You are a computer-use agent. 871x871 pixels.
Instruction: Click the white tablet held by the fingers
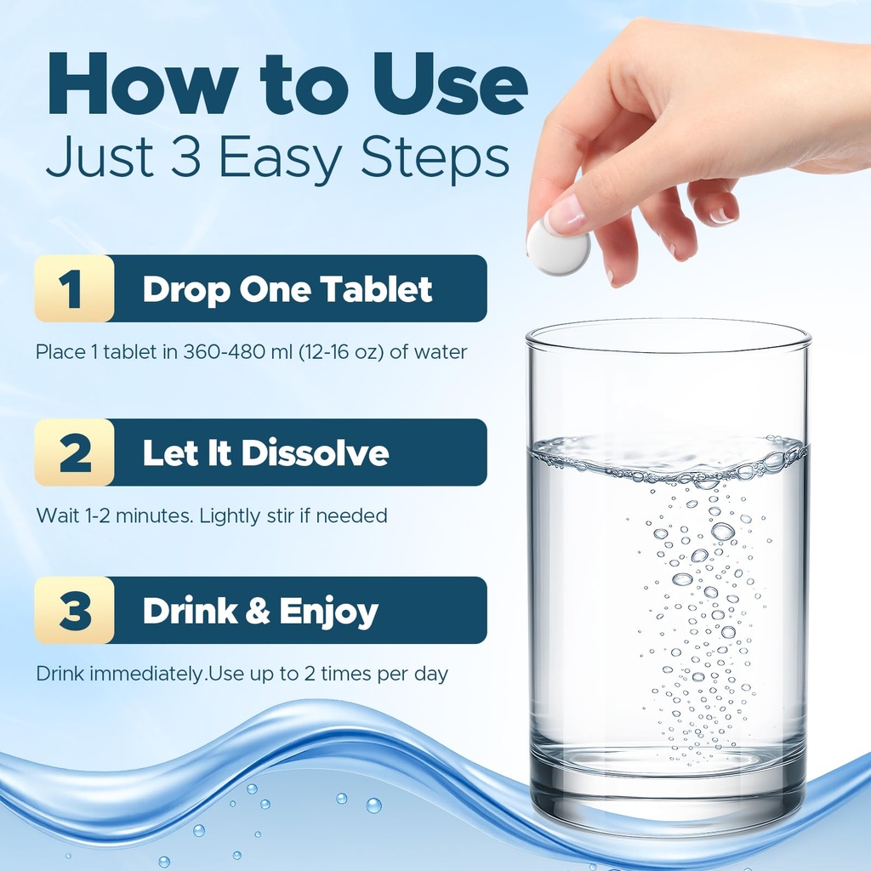[558, 246]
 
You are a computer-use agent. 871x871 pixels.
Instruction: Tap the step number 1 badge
[74, 288]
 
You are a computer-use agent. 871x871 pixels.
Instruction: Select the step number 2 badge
[74, 453]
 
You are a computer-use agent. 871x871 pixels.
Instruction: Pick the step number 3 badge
[74, 610]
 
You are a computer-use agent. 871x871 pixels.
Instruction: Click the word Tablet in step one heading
[377, 289]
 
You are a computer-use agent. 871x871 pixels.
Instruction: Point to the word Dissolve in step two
[315, 453]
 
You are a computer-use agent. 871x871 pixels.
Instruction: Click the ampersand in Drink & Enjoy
[257, 611]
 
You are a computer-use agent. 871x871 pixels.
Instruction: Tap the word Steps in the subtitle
[435, 159]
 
